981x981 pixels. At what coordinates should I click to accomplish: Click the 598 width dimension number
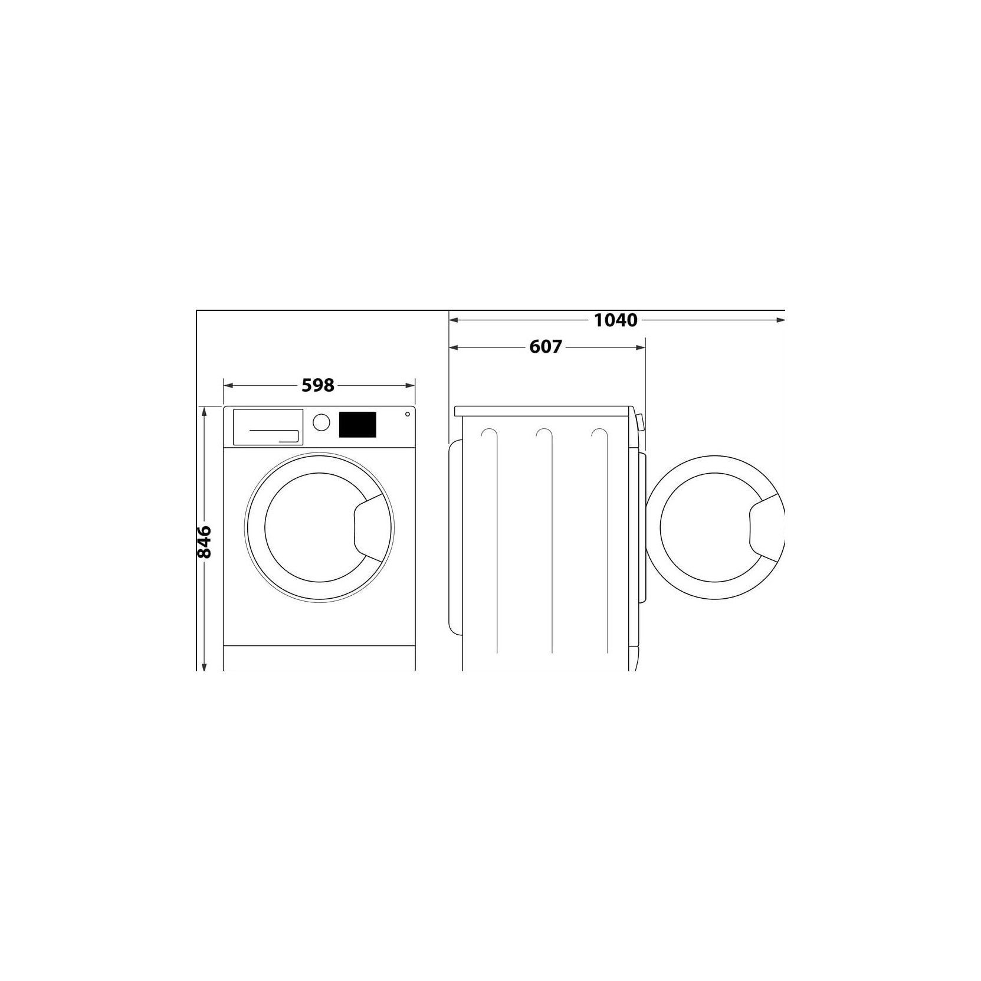pos(318,385)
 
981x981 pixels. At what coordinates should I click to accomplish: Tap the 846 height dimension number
pos(204,542)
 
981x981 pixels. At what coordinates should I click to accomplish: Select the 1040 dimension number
pos(615,320)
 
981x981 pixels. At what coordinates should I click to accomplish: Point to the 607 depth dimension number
pos(546,347)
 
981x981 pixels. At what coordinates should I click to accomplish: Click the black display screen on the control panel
pos(357,425)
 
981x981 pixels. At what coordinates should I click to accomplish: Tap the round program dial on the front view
pos(321,422)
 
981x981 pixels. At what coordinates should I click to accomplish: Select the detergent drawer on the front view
pos(268,426)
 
